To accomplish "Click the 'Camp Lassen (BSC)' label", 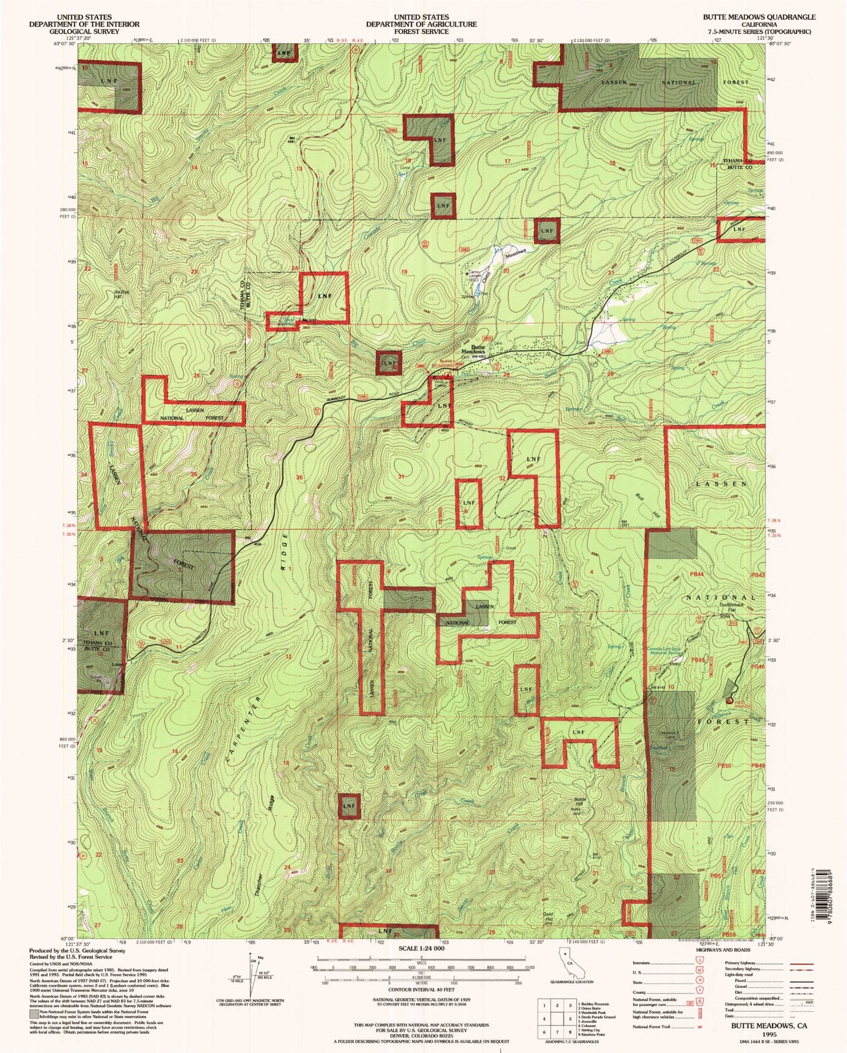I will click(474, 276).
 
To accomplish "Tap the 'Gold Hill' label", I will click(548, 916).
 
